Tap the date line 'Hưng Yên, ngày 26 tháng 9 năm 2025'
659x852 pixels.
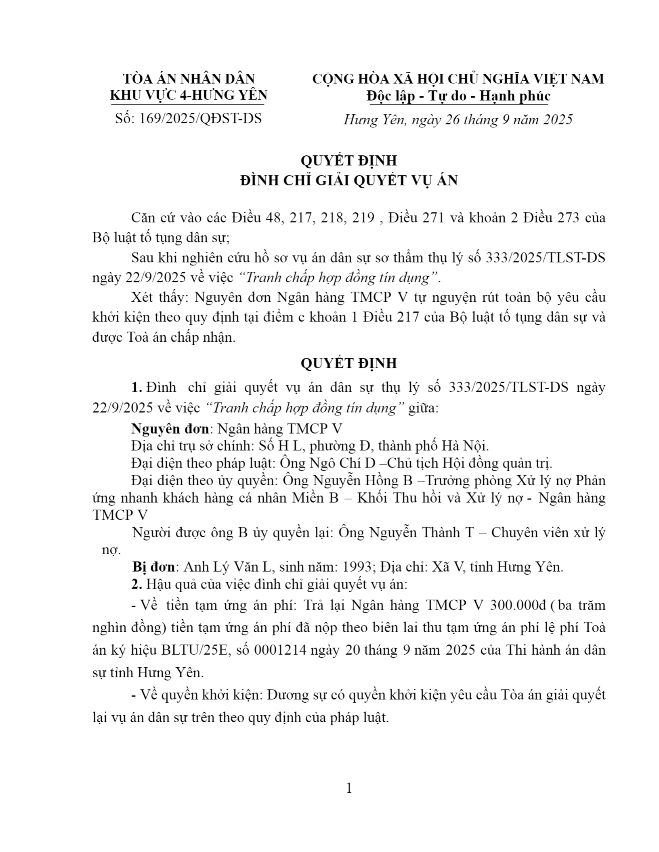coord(458,120)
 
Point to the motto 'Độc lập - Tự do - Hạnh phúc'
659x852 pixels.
coord(458,96)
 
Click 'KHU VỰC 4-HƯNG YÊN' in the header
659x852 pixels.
coord(189,95)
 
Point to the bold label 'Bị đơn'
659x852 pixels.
coord(153,567)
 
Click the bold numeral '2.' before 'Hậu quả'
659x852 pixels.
coord(137,584)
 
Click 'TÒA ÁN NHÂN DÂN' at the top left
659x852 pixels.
coord(189,78)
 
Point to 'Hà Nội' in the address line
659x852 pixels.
coord(464,446)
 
